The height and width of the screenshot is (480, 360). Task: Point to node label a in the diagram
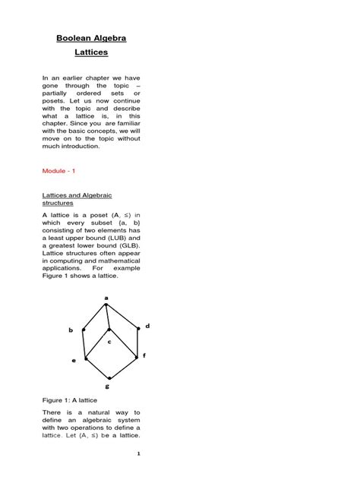pos(106,298)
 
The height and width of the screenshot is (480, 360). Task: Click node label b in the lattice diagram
pos(71,330)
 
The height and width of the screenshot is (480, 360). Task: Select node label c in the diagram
pos(109,341)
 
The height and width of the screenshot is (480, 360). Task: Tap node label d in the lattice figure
pos(147,326)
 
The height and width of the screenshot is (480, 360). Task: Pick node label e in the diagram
pos(74,361)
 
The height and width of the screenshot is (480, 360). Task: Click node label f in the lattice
pos(144,355)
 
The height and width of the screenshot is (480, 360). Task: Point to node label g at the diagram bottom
pos(107,386)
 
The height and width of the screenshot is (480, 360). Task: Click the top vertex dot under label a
pos(106,305)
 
